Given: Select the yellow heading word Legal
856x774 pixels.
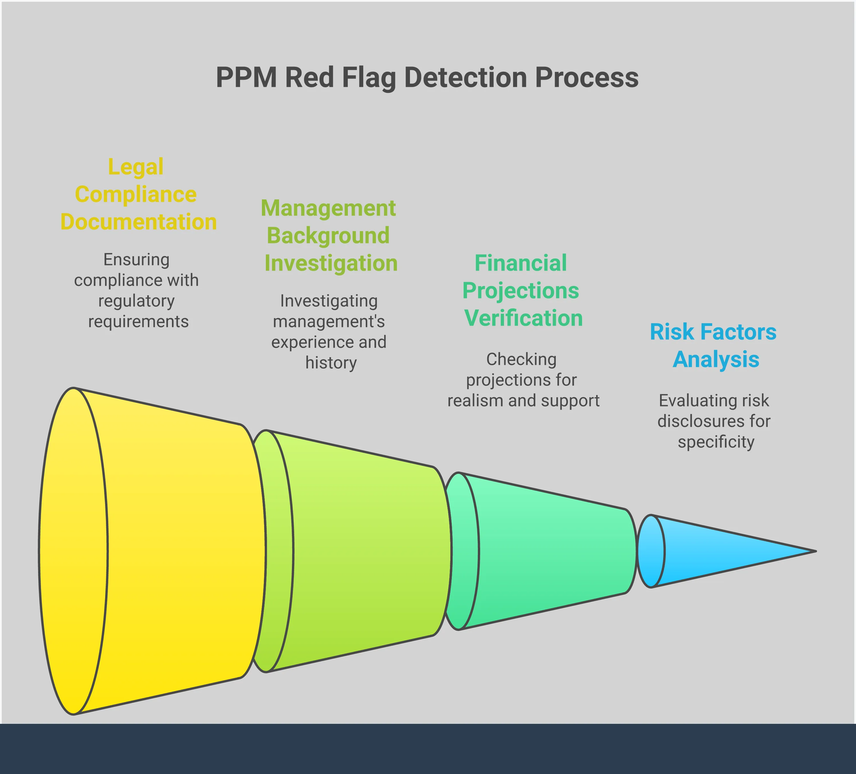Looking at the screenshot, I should pyautogui.click(x=136, y=167).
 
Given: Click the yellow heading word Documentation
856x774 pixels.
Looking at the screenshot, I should pyautogui.click(x=138, y=222).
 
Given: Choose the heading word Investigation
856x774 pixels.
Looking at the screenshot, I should pyautogui.click(x=331, y=263).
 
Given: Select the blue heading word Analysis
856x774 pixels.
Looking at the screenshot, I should pyautogui.click(x=716, y=359).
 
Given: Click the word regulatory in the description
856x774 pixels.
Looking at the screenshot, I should pyautogui.click(x=136, y=301).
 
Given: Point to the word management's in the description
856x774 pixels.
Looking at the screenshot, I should pyautogui.click(x=329, y=322).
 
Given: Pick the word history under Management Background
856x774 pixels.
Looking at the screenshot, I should pyautogui.click(x=331, y=363).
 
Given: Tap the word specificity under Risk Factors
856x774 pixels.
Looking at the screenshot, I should pyautogui.click(x=716, y=442).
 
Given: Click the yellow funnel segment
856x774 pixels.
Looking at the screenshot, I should pyautogui.click(x=170, y=552).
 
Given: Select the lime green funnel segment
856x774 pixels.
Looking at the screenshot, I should pyautogui.click(x=361, y=552).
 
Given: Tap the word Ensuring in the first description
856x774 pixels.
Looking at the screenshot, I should pyautogui.click(x=136, y=259).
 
